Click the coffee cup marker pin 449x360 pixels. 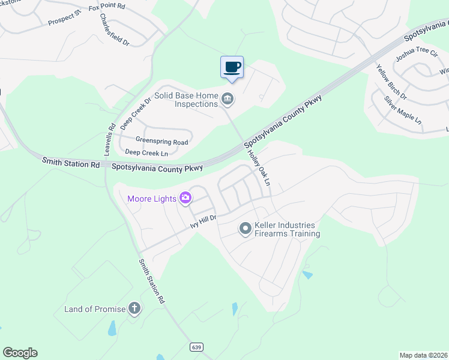coord(232,67)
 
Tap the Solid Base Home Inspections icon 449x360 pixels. coord(228,98)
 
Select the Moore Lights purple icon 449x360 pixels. coord(185,197)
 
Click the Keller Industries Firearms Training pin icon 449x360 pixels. coord(245,229)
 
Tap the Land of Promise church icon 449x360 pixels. coord(134,309)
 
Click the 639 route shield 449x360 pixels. coord(196,347)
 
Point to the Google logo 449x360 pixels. coord(20,353)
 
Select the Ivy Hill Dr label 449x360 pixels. coord(202,221)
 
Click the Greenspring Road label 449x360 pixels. coord(161,142)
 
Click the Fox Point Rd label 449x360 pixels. coord(107,8)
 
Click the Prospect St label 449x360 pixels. coord(64,20)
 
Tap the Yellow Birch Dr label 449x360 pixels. coord(391,83)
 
